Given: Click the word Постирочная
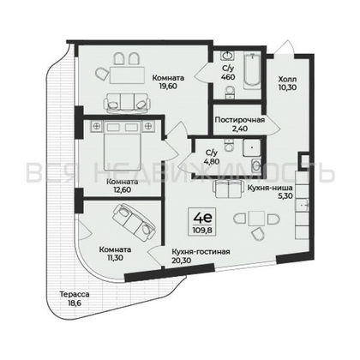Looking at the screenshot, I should [239, 120].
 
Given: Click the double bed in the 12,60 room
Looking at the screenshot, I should [112, 145].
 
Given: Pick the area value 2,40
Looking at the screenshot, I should [239, 129].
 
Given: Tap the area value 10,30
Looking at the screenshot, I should [287, 87].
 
